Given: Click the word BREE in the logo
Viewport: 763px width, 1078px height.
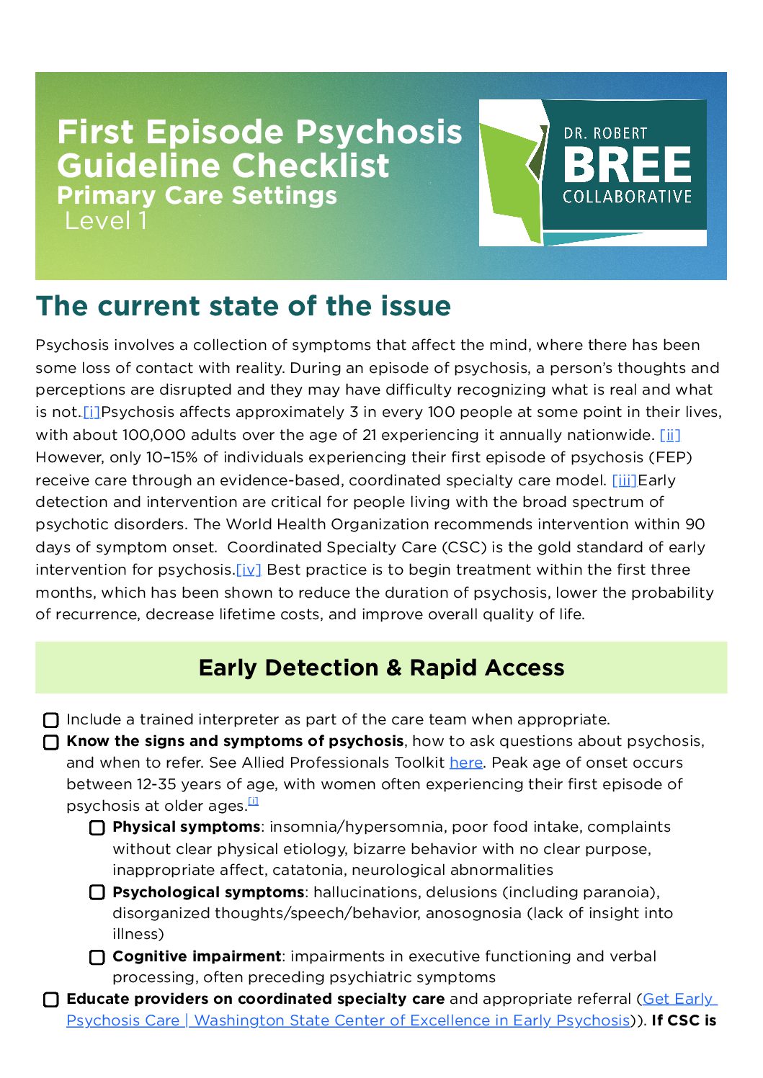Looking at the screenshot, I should click(x=627, y=165).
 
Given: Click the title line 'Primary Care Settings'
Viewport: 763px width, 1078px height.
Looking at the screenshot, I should click(x=197, y=195).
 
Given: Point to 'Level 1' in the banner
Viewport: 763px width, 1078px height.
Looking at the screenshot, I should click(x=106, y=220).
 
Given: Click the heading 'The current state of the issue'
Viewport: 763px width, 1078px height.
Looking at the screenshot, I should click(x=244, y=305).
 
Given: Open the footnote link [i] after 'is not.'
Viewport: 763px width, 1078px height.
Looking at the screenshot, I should click(x=92, y=412).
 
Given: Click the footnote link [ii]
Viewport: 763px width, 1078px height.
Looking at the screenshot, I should click(x=670, y=435).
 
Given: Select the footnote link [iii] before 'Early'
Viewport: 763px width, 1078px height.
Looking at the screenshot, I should click(x=624, y=480).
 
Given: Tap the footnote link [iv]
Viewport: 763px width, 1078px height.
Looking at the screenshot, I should click(x=249, y=570).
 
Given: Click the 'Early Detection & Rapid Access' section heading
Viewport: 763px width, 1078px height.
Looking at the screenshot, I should click(x=381, y=668).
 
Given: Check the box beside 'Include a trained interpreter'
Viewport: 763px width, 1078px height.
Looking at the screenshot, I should click(x=51, y=720).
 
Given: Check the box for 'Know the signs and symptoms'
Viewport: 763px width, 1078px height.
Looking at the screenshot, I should click(x=51, y=742).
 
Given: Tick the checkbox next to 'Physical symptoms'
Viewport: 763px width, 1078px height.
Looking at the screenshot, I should click(x=97, y=827).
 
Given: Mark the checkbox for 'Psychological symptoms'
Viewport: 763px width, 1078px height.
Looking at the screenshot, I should click(x=97, y=892).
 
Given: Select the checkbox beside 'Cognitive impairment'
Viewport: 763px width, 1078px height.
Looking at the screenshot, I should click(x=97, y=957).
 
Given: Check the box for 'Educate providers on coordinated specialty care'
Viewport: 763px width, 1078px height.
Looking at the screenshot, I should click(x=51, y=1000).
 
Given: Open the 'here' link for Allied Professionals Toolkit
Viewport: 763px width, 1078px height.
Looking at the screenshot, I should click(x=465, y=763).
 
